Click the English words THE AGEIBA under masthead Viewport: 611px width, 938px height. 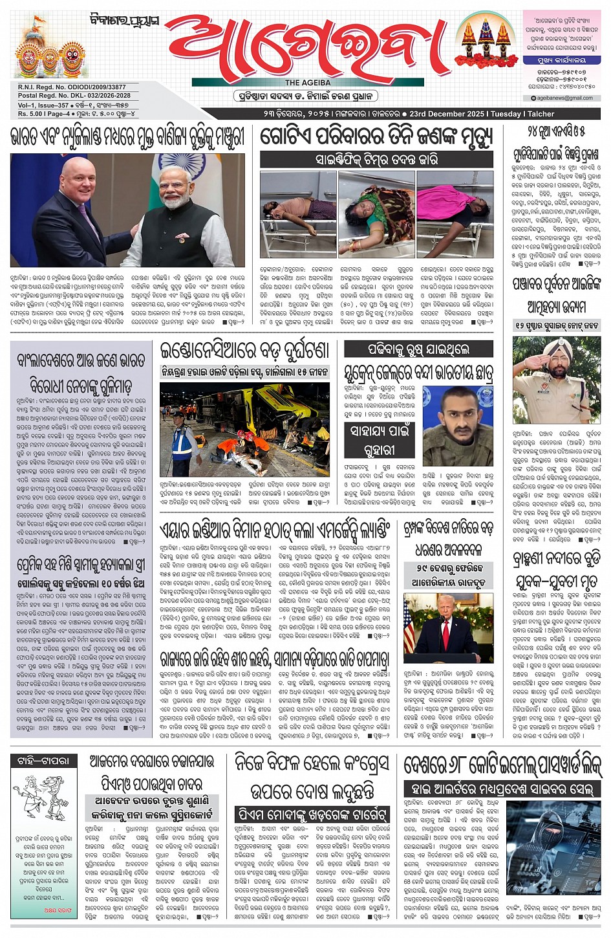[308, 83]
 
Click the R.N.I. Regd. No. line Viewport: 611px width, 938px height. [72, 87]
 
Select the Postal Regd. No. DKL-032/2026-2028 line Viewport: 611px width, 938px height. [74, 96]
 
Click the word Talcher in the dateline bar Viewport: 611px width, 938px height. [541, 114]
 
